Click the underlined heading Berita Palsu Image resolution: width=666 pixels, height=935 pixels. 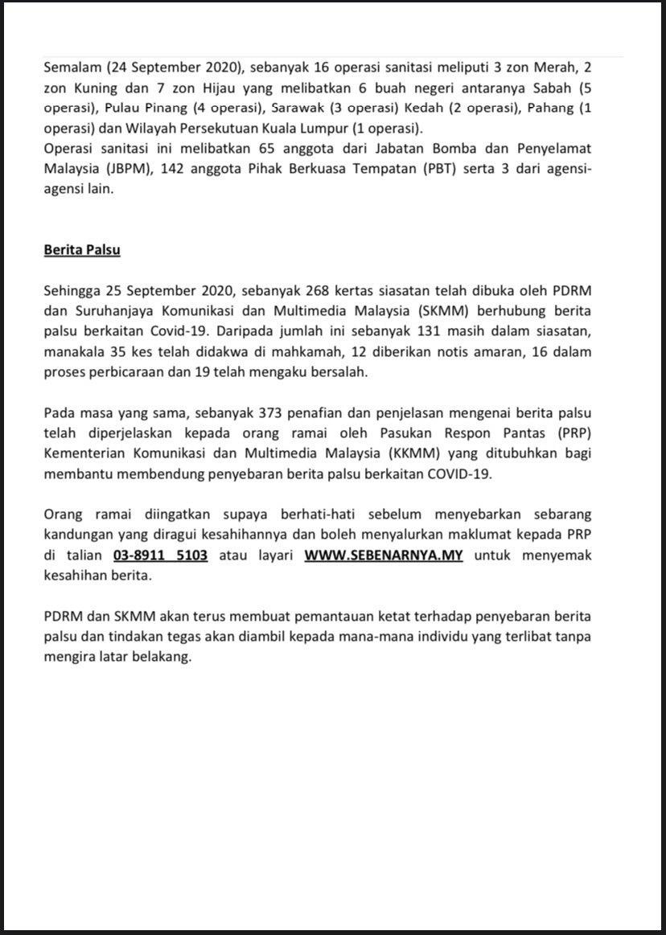(x=81, y=249)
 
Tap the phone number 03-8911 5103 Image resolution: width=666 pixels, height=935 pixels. (x=156, y=556)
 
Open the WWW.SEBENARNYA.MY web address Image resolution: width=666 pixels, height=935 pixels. (x=384, y=556)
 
